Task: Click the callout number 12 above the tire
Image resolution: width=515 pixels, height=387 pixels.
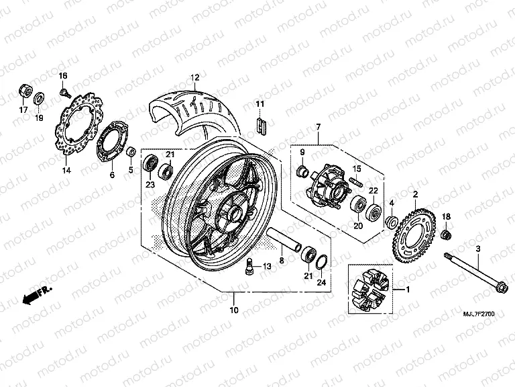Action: pyautogui.click(x=194, y=77)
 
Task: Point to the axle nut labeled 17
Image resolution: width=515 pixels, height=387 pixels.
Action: pyautogui.click(x=23, y=90)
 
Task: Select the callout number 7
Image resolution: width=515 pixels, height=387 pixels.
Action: pyautogui.click(x=318, y=127)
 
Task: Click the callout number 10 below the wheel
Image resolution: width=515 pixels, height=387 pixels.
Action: pyautogui.click(x=233, y=310)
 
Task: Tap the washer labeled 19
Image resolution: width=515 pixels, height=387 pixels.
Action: pyautogui.click(x=40, y=97)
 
